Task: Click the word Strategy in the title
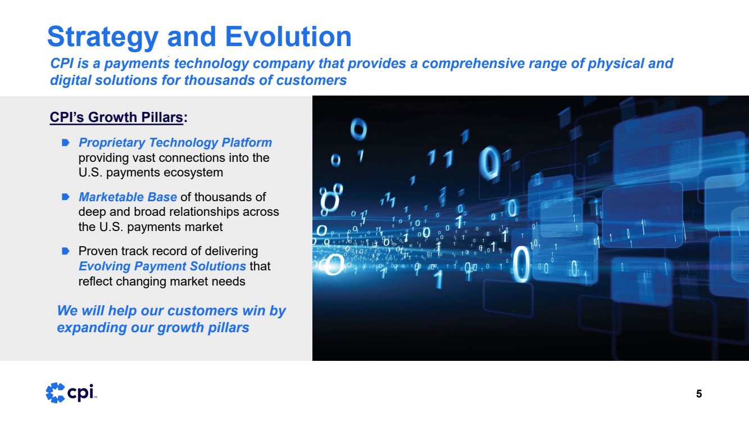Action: click(103, 38)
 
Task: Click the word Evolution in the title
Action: click(289, 36)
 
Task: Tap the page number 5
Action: click(699, 394)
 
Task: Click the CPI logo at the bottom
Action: click(71, 392)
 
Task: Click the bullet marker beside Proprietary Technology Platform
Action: click(66, 143)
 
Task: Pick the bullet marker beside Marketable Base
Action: click(66, 197)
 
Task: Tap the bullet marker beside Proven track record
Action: click(66, 251)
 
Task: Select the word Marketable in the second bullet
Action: click(111, 197)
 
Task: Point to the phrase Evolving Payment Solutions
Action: click(162, 266)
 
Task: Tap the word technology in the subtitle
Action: click(211, 64)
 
